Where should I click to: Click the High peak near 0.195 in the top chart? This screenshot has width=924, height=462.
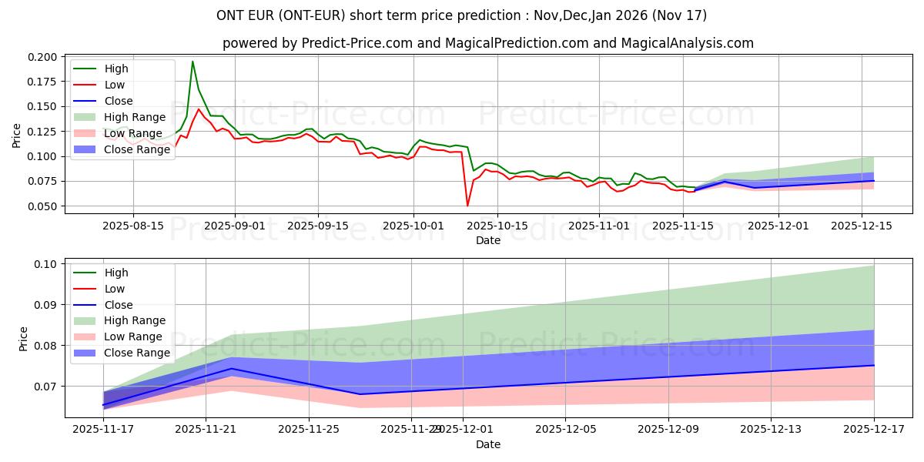[x=192, y=62]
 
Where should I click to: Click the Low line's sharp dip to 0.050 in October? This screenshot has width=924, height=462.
[x=467, y=206]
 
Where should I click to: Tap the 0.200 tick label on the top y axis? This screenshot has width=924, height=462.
[x=42, y=57]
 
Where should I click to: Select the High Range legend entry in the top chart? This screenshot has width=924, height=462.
[x=135, y=117]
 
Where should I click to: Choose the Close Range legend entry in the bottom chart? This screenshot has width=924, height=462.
[x=137, y=353]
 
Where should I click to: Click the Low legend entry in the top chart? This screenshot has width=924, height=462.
[x=114, y=85]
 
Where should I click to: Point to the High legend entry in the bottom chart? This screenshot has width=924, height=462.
[x=116, y=273]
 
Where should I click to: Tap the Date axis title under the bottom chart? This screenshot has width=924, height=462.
[x=488, y=444]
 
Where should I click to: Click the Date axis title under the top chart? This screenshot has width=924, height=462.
[x=488, y=240]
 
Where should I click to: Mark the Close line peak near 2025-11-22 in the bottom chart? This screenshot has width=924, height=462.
[x=232, y=369]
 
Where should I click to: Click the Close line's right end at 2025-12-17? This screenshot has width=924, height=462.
[x=874, y=365]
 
